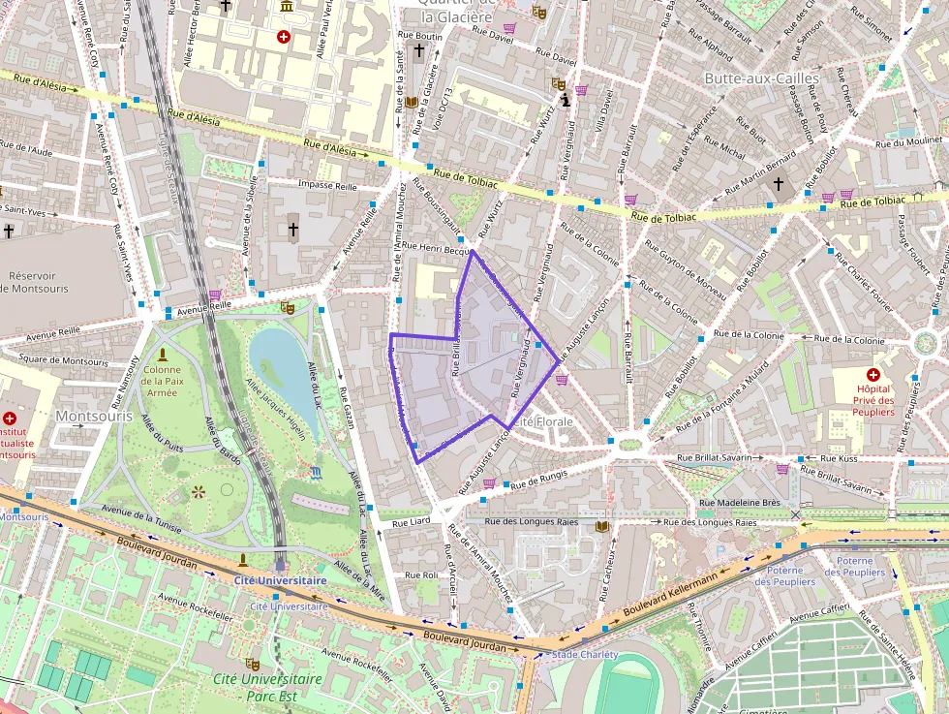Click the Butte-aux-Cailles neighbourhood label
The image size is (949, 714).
coord(761,78)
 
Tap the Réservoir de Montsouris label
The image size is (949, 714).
coord(33,282)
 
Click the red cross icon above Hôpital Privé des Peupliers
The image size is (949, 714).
coord(873,374)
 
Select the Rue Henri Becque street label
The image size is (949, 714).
coord(435,248)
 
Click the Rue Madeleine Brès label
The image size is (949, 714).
coord(740,503)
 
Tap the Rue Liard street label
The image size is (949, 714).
coord(412,522)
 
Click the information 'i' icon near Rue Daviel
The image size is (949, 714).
coord(565,100)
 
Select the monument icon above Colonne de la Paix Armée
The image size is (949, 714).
coord(162,355)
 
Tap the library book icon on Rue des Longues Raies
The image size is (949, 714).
coord(604,526)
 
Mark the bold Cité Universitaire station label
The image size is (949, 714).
coord(280,580)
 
